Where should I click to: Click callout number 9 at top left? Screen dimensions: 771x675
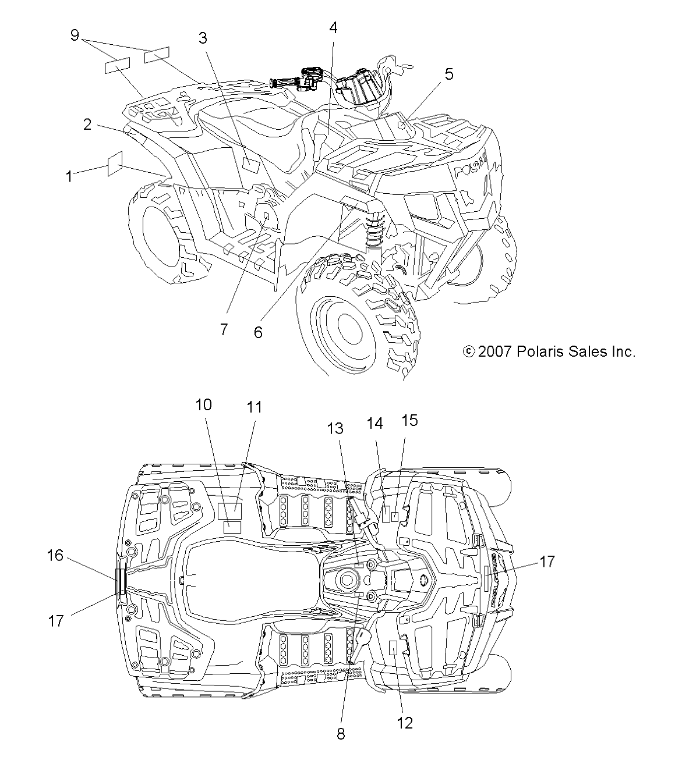[74, 35]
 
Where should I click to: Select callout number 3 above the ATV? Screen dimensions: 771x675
[202, 38]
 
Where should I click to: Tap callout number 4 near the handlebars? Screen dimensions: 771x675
[333, 27]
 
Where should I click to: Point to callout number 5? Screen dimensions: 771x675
[448, 74]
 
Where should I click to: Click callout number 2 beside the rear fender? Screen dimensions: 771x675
[87, 124]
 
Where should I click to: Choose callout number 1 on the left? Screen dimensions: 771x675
[69, 176]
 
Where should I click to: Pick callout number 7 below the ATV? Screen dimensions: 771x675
[224, 329]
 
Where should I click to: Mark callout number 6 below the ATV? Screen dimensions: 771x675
[258, 332]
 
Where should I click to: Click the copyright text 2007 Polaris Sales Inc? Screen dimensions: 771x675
[548, 351]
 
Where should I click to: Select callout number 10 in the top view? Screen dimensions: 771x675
[203, 404]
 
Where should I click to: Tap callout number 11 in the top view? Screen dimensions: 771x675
[254, 407]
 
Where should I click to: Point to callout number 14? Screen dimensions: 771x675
[374, 423]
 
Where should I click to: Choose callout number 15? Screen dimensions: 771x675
[410, 420]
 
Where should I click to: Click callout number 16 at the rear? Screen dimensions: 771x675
[55, 556]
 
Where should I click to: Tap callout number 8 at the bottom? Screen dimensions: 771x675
[341, 734]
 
